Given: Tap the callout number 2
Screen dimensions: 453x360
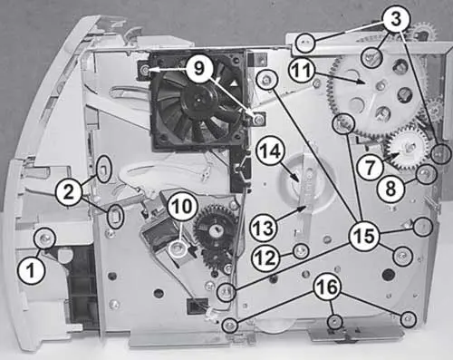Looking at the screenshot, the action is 69,192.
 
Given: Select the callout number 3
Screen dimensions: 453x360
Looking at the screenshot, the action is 397,18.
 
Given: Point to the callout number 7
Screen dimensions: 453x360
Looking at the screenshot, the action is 371,168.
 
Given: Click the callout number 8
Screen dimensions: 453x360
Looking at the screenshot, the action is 390,190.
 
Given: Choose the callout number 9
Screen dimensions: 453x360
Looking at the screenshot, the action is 198,69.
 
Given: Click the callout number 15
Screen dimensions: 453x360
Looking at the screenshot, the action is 365,236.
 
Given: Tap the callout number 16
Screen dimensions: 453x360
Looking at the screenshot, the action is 329,287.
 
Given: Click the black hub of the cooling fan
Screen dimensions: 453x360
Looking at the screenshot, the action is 199,99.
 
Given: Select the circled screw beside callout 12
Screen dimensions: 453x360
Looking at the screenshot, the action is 301,251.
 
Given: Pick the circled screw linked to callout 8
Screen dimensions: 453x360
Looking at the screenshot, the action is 426,174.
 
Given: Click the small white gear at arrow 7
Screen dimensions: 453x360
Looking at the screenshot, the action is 409,148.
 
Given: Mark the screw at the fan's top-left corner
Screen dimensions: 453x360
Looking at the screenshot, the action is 145,70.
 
